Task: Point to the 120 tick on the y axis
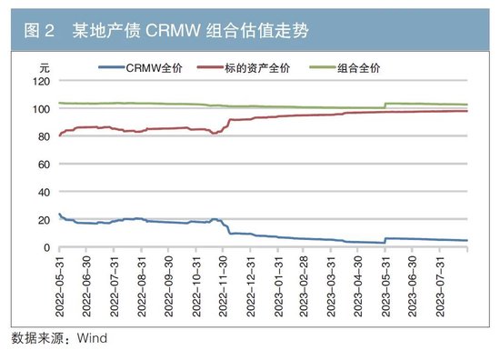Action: coord(40,82)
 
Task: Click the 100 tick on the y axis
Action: coord(40,109)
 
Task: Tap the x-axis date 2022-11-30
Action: coord(223,285)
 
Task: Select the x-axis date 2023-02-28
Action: coord(305,285)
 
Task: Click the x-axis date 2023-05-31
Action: coord(386,285)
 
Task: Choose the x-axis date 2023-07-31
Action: coord(441,285)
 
